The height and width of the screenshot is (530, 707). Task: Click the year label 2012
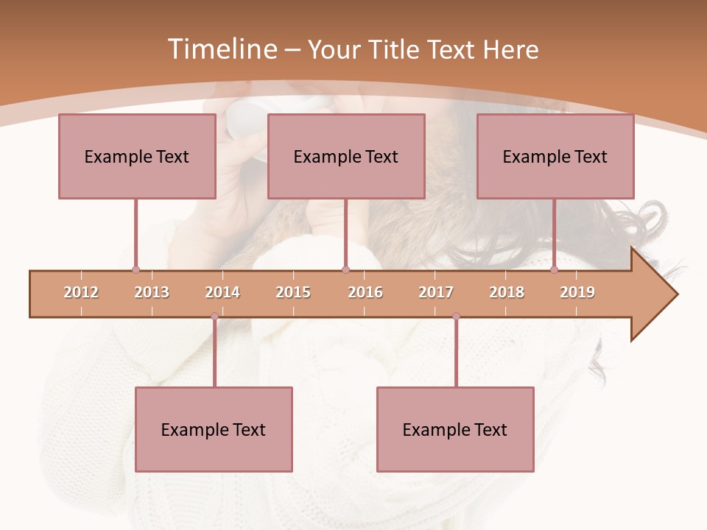click(x=81, y=292)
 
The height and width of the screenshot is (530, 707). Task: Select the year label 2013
click(x=152, y=292)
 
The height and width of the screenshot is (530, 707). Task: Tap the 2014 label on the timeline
click(x=222, y=292)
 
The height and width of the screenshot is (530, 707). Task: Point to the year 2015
click(x=293, y=292)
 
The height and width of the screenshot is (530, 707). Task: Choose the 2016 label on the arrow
click(x=365, y=292)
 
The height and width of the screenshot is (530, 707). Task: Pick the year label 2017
click(x=436, y=292)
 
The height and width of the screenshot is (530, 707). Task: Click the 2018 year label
click(x=507, y=292)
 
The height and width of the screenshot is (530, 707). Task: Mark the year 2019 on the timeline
click(x=577, y=292)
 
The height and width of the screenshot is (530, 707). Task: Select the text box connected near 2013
click(x=137, y=156)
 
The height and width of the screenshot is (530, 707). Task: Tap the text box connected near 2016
click(x=346, y=156)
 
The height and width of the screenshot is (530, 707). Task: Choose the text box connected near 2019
click(x=555, y=156)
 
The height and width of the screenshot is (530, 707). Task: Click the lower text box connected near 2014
click(x=214, y=429)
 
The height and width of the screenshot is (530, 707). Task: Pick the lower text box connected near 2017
click(x=455, y=429)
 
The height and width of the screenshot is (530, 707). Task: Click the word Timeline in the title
click(x=221, y=49)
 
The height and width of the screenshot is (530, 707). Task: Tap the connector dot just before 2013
click(x=136, y=270)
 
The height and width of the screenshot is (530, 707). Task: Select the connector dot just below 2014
click(x=214, y=317)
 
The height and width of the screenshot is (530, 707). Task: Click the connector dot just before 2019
click(x=555, y=270)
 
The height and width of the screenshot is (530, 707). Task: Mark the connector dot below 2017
click(x=456, y=317)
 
